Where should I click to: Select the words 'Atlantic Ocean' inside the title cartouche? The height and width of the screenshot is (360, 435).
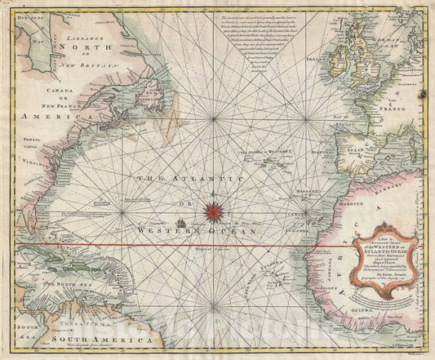click(x=377, y=237)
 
